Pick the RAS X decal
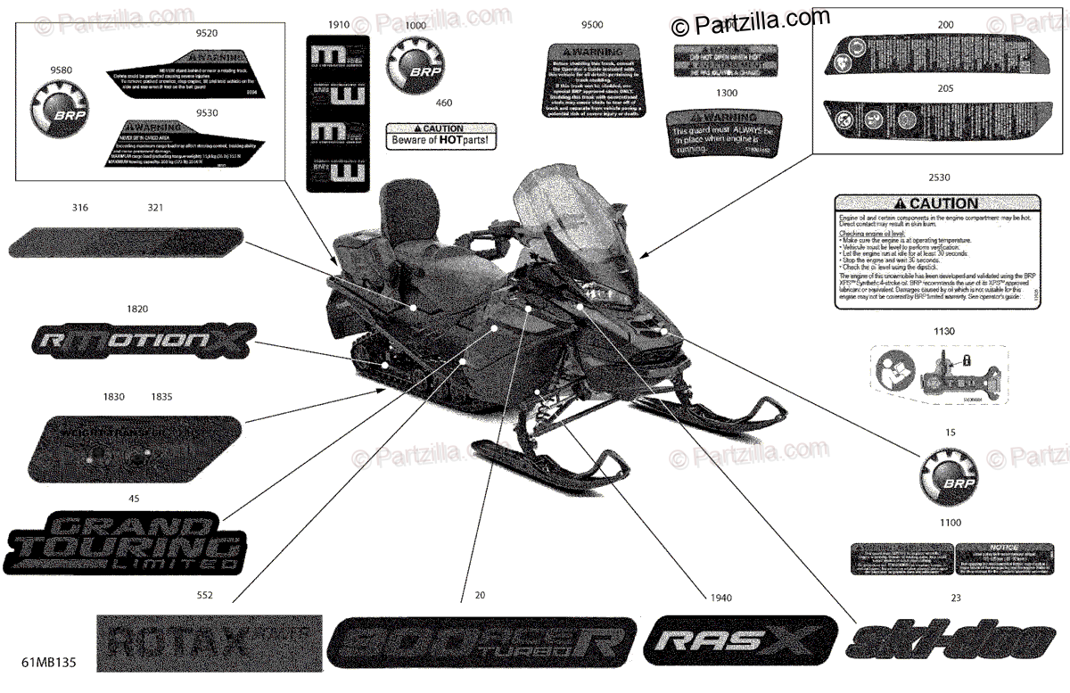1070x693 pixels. tap(742, 639)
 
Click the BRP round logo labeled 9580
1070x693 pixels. tap(58, 111)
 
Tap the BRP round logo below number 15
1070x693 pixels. tap(950, 469)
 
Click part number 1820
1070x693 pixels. tap(137, 309)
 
